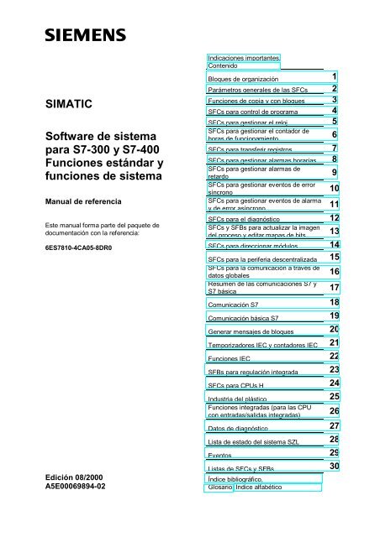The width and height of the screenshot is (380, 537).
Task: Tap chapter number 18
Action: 334,302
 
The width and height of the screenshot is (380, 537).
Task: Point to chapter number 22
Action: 334,356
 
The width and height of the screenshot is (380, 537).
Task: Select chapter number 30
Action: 334,466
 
